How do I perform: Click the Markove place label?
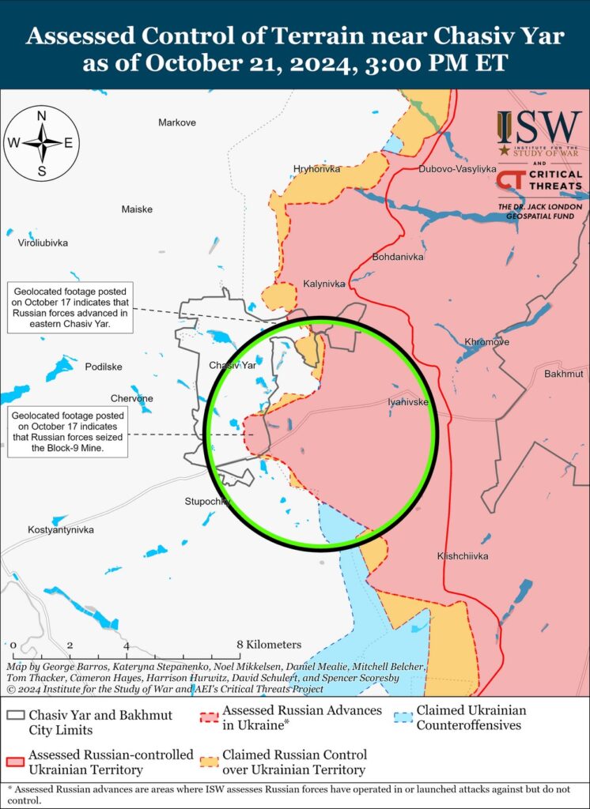[x=177, y=122]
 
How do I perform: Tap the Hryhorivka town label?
[x=316, y=169]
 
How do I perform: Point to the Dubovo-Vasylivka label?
[x=457, y=169]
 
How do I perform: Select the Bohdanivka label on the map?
[x=398, y=257]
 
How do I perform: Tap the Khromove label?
[x=486, y=342]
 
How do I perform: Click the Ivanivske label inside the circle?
[x=409, y=402]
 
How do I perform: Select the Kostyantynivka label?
[x=61, y=529]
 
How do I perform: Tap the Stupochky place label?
[x=207, y=501]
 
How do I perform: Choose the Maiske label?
[x=137, y=209]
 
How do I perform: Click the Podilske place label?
[x=103, y=367]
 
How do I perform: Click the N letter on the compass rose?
[x=42, y=115]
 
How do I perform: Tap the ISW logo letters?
[x=538, y=126]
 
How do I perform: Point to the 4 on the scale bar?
[x=126, y=645]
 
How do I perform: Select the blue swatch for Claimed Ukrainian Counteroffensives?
[x=403, y=717]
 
